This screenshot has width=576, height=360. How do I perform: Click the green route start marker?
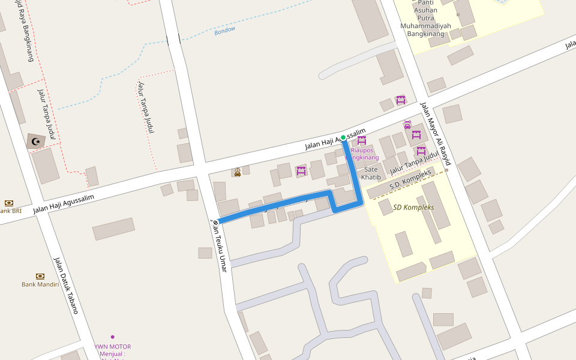pyautogui.click(x=343, y=138)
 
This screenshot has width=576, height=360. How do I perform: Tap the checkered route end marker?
pyautogui.click(x=215, y=223)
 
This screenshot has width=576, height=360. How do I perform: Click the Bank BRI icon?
pyautogui.click(x=9, y=203)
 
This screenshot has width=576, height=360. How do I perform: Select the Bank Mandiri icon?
pyautogui.click(x=40, y=276)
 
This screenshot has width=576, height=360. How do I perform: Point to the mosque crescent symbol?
pyautogui.click(x=36, y=142)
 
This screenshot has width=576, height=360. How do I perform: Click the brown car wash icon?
pyautogui.click(x=238, y=172)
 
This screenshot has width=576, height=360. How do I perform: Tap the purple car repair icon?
pyautogui.click(x=407, y=125)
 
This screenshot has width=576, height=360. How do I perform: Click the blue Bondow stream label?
pyautogui.click(x=225, y=30)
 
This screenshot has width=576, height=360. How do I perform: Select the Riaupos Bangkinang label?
pyautogui.click(x=362, y=154)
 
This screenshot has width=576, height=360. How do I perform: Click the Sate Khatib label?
pyautogui.click(x=371, y=173)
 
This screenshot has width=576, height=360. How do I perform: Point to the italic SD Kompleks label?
pyautogui.click(x=413, y=207)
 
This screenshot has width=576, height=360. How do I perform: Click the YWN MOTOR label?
pyautogui.click(x=112, y=347)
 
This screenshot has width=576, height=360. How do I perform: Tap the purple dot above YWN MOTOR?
pyautogui.click(x=112, y=337)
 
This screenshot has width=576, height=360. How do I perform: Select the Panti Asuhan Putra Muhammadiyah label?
pyautogui.click(x=426, y=19)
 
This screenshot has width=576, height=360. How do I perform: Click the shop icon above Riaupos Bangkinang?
pyautogui.click(x=362, y=140)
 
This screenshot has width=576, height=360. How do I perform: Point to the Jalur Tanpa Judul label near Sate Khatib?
pyautogui.click(x=414, y=163)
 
